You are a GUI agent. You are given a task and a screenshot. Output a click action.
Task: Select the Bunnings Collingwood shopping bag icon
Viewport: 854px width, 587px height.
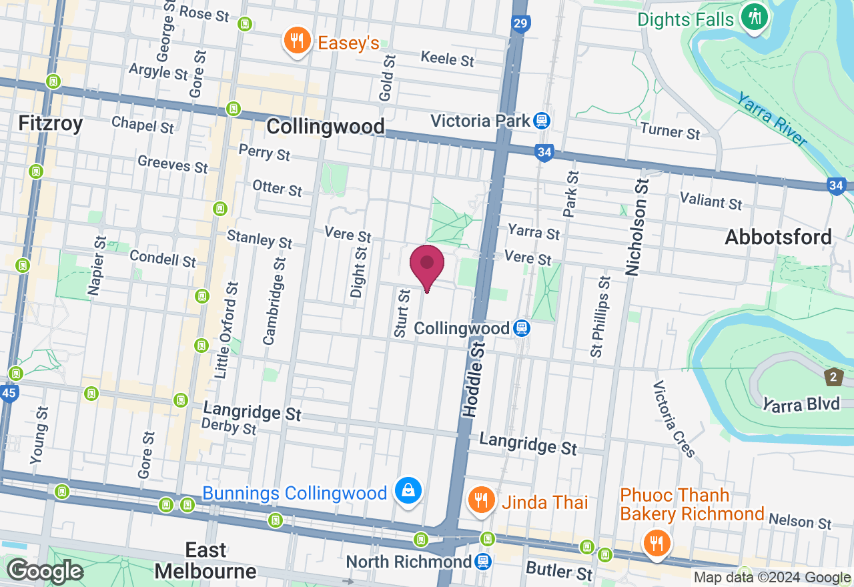[x=407, y=492]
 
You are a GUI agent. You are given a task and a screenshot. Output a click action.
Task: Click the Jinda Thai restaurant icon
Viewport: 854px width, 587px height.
[x=480, y=500]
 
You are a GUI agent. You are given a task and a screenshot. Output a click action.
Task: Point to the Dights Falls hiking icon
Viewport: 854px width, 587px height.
[x=755, y=17]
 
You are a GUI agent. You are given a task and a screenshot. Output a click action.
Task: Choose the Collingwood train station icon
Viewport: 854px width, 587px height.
[x=522, y=328]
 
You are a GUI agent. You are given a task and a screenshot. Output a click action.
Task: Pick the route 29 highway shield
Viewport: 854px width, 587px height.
[x=521, y=25]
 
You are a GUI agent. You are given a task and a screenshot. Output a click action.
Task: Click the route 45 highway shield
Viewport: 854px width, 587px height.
[x=8, y=393]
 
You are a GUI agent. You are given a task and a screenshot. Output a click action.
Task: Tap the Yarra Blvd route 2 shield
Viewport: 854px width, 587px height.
[x=833, y=376]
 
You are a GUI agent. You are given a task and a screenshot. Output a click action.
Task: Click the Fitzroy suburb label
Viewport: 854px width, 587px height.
[x=51, y=123]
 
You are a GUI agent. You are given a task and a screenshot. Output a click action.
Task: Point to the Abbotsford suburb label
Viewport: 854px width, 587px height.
[x=779, y=237]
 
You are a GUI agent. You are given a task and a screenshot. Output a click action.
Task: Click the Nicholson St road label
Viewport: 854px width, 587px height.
[x=637, y=227]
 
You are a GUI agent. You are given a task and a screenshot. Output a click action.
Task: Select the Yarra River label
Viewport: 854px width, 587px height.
[x=771, y=118]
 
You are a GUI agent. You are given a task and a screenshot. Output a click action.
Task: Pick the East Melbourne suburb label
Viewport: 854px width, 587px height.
[x=206, y=560]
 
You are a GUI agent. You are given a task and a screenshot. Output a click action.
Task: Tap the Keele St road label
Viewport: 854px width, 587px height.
[x=447, y=58]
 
